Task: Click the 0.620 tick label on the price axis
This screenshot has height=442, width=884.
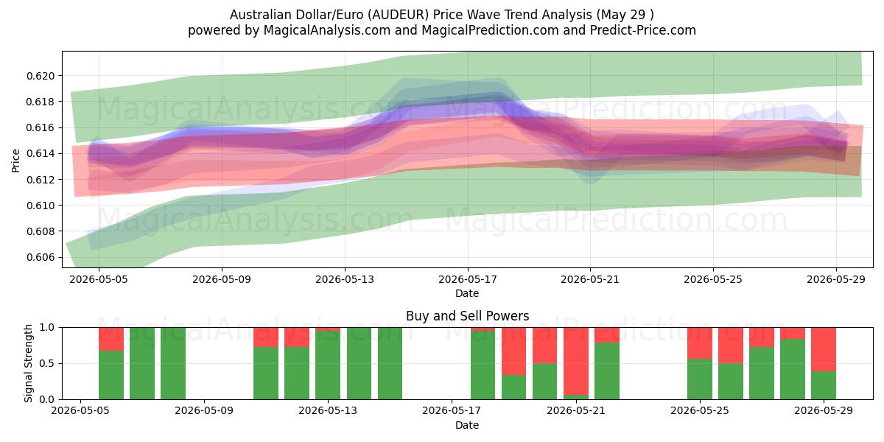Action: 41,76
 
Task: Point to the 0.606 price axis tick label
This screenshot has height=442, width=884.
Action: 41,257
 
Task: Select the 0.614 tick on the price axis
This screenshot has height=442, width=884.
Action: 41,153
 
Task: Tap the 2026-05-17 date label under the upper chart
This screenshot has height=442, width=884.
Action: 467,279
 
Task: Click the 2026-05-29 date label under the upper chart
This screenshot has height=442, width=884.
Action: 836,279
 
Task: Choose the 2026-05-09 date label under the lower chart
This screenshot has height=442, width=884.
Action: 204,411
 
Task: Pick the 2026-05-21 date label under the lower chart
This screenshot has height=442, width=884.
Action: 576,411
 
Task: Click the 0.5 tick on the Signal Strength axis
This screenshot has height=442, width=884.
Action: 46,363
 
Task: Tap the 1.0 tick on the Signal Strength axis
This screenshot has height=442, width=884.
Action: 46,328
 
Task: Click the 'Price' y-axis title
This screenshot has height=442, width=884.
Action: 15,161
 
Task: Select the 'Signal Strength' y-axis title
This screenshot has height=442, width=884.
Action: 28,363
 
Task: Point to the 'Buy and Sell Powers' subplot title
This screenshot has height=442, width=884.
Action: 467,316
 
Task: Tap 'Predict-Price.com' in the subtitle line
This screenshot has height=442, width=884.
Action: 643,30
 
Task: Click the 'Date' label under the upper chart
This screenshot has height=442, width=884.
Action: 467,293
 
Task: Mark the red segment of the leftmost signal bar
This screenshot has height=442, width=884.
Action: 111,339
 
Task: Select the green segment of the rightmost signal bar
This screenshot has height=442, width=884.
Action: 824,385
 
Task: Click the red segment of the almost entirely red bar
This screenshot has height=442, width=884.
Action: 576,361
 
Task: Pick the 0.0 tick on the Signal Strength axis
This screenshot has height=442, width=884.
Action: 46,399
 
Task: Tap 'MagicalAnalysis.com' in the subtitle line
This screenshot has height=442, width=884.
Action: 327,30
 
